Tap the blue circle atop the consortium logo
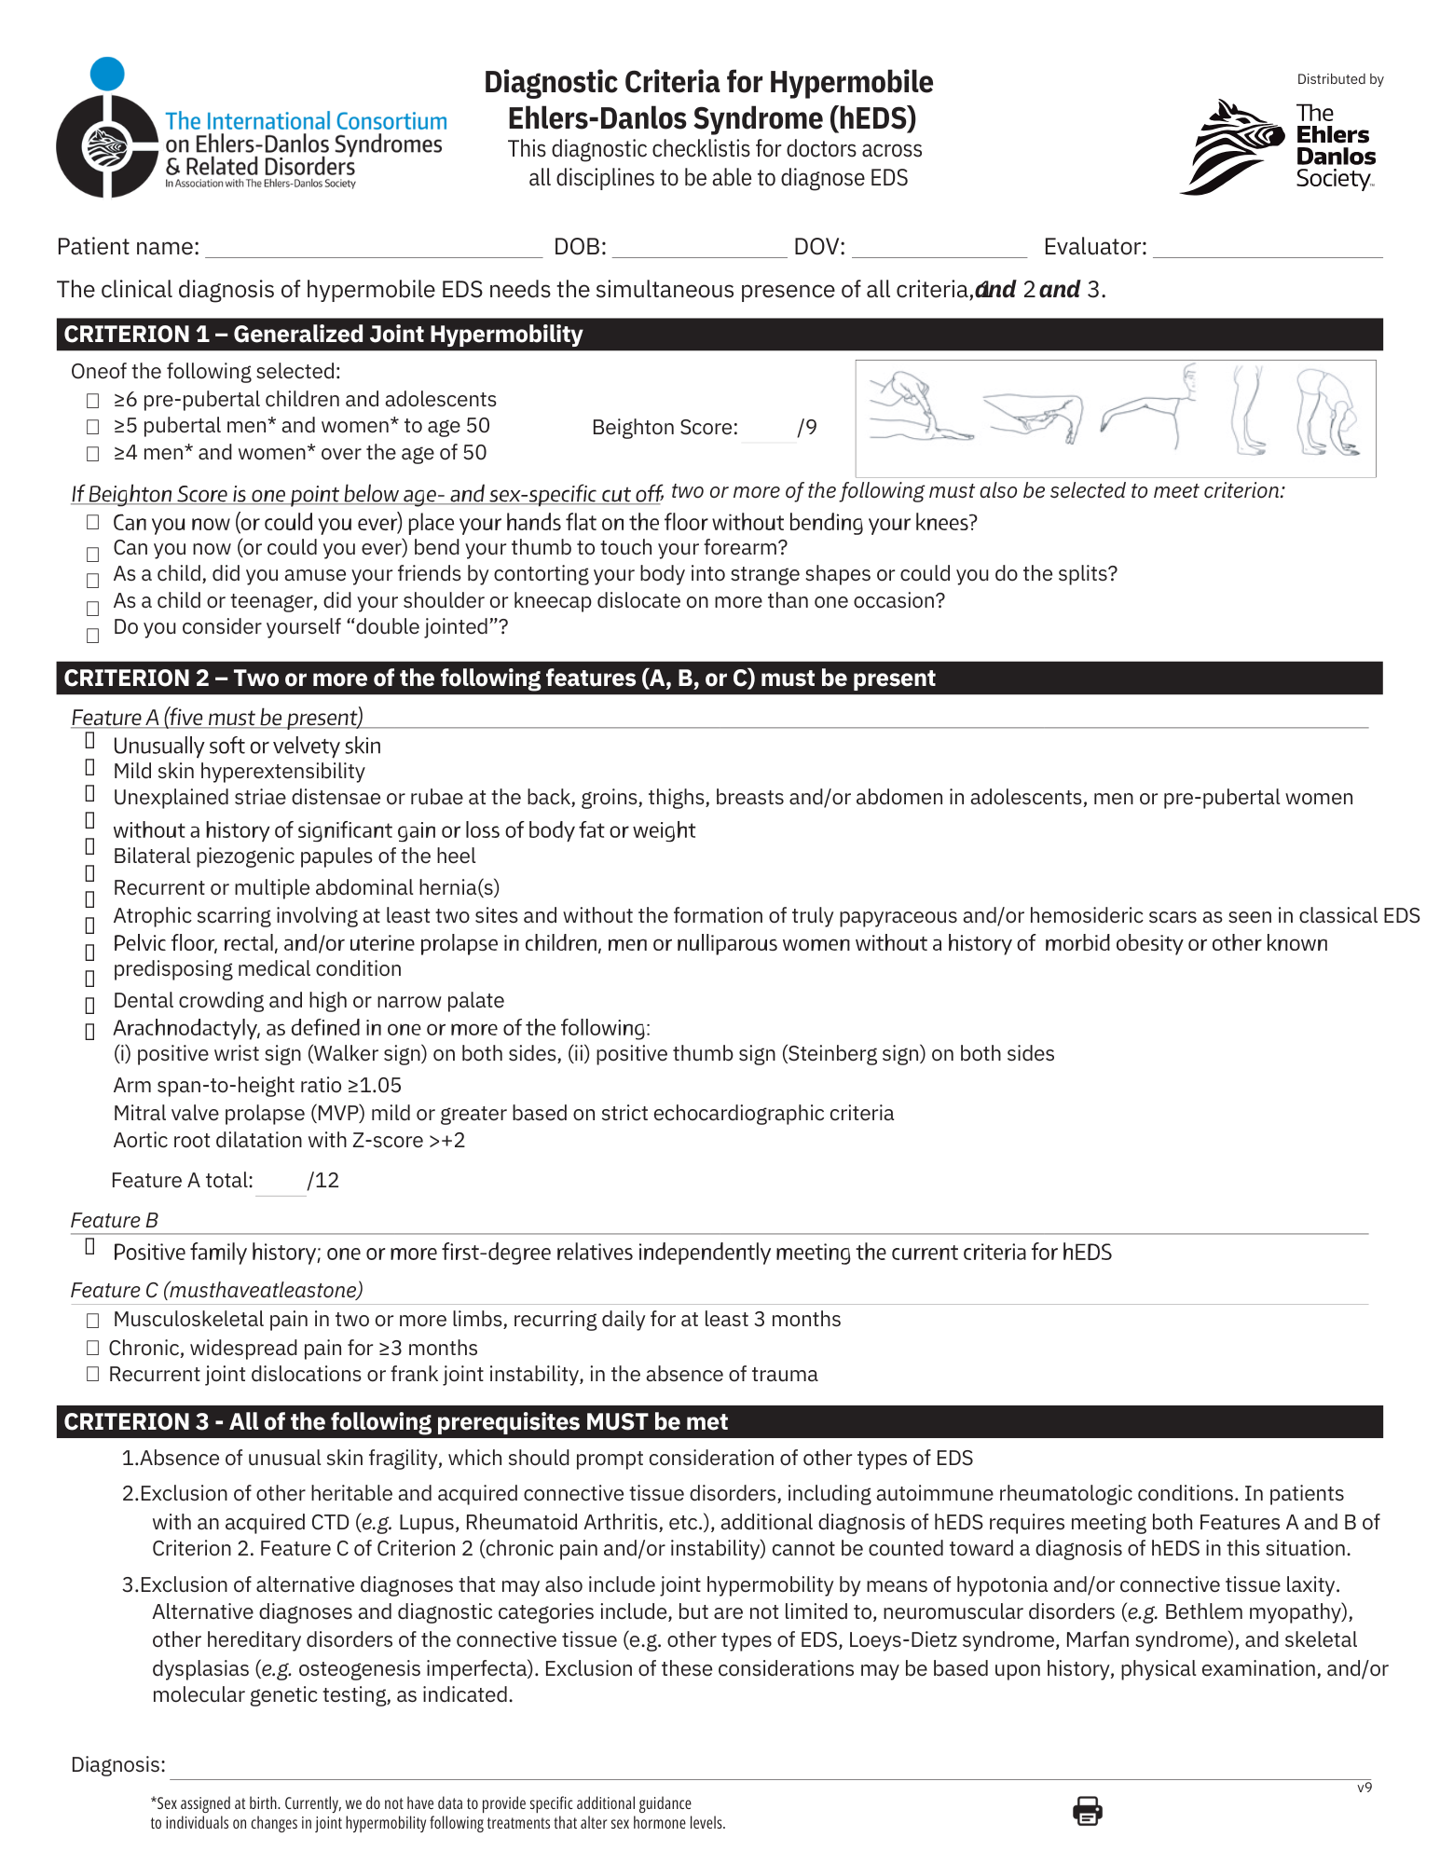pyautogui.click(x=107, y=74)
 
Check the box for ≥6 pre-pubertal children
pyautogui.click(x=92, y=401)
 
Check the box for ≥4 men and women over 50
pyautogui.click(x=92, y=454)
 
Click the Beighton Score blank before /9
pyautogui.click(x=769, y=429)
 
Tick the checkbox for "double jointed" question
pyautogui.click(x=92, y=636)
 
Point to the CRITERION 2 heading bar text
pyautogui.click(x=499, y=678)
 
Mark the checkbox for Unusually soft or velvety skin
pyautogui.click(x=90, y=741)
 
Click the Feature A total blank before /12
pyautogui.click(x=281, y=1182)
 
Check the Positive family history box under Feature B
pyautogui.click(x=90, y=1247)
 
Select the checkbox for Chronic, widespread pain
pyautogui.click(x=92, y=1348)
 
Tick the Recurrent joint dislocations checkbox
pyautogui.click(x=92, y=1374)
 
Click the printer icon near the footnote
pyautogui.click(x=1087, y=1811)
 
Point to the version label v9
pyautogui.click(x=1365, y=1788)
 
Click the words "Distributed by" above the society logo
pyautogui.click(x=1340, y=80)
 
